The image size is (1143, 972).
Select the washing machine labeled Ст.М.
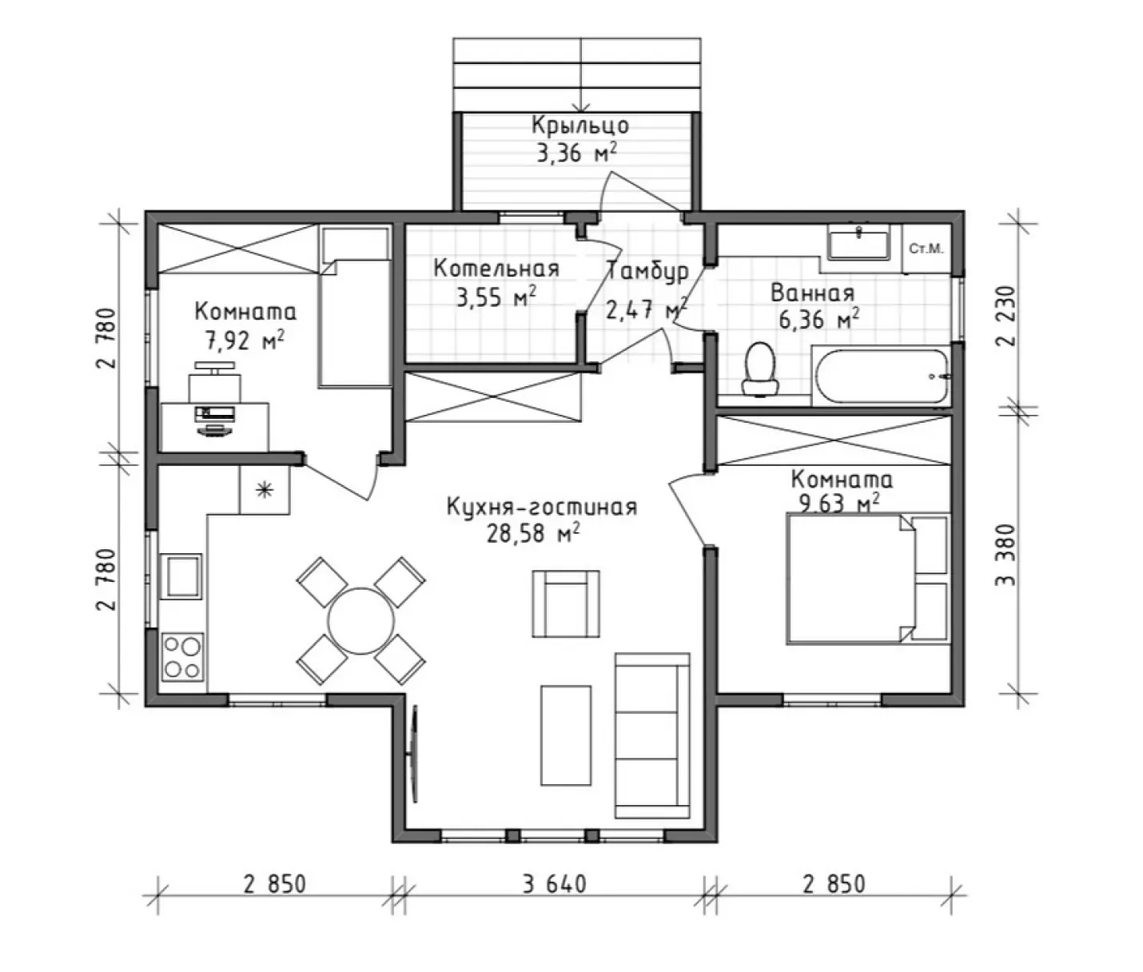(x=926, y=249)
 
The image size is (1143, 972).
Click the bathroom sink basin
(x=858, y=242)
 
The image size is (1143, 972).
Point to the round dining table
(x=361, y=621)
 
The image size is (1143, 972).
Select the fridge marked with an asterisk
(x=265, y=489)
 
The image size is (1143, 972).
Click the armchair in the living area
(x=566, y=604)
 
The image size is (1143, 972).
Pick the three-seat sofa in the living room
(x=652, y=735)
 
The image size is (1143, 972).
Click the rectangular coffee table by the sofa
(x=566, y=736)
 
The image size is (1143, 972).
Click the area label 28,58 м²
(x=534, y=534)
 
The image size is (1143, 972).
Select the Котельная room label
(x=496, y=269)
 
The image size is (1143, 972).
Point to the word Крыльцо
(x=580, y=125)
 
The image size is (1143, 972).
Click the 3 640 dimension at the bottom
(x=555, y=884)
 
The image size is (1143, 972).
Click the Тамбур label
(x=648, y=272)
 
